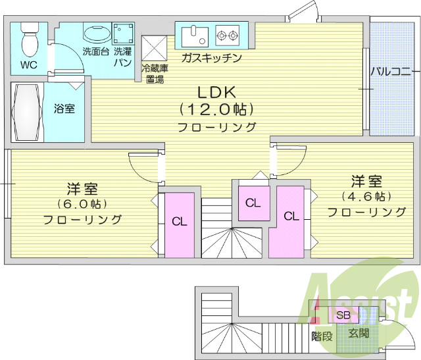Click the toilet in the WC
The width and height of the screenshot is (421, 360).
pyautogui.click(x=29, y=41)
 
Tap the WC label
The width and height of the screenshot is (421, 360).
pyautogui.click(x=28, y=65)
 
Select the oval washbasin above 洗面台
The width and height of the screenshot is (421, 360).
pyautogui.click(x=97, y=35)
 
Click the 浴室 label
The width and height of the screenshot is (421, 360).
pyautogui.click(x=64, y=108)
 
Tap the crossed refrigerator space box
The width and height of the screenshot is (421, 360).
pyautogui.click(x=155, y=47)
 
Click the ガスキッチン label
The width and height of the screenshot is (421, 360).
pyautogui.click(x=210, y=59)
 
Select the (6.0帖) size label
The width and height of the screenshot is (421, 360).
pyautogui.click(x=82, y=203)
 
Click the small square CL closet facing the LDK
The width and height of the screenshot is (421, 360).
pyautogui.click(x=253, y=203)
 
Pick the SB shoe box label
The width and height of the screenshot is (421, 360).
pyautogui.click(x=343, y=315)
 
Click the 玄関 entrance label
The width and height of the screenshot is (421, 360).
pyautogui.click(x=359, y=333)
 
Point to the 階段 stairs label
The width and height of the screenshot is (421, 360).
pyautogui.click(x=322, y=336)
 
